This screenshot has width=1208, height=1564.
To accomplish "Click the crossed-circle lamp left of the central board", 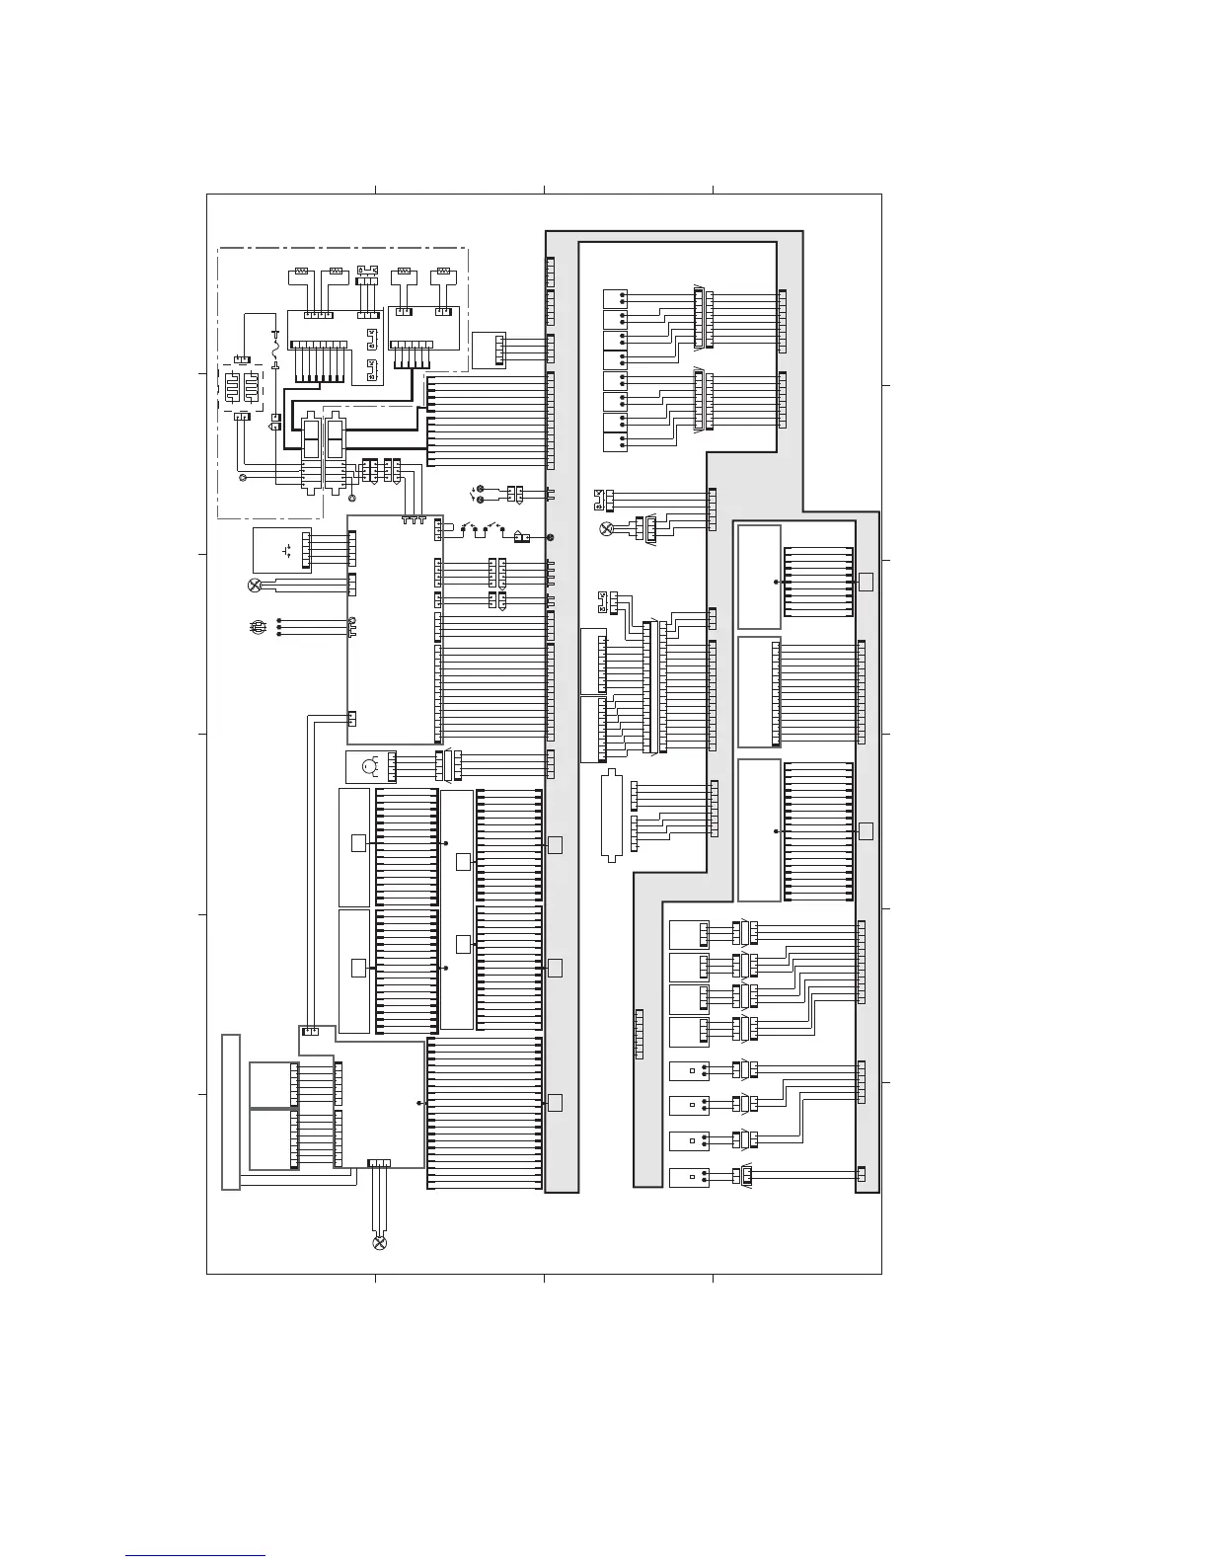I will [255, 586].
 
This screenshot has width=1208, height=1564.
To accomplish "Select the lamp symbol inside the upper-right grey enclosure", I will [607, 529].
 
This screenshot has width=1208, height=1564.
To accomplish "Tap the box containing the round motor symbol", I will [365, 766].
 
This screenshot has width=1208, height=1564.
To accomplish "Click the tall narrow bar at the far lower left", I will [231, 1113].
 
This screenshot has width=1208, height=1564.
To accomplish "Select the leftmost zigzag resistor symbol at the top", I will [301, 271].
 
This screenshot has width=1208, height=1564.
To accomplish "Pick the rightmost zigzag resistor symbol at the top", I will [443, 271].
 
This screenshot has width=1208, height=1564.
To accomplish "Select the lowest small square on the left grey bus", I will [555, 1102].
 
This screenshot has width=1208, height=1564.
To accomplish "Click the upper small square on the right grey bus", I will [866, 581].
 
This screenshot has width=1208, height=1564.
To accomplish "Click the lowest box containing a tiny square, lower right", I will [688, 1178].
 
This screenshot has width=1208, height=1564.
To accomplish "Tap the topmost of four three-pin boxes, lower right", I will [689, 934].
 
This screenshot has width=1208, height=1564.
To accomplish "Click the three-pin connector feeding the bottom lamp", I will [379, 1164].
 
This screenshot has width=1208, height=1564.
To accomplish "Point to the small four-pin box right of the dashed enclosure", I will [489, 349].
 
